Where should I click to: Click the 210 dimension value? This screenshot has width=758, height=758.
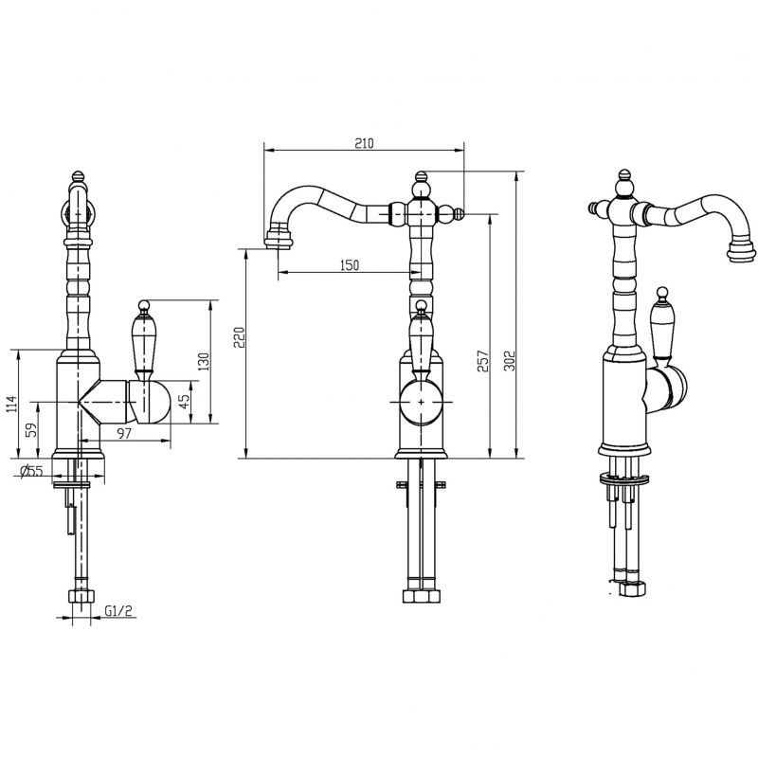coord(365,143)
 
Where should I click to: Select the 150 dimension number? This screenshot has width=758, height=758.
coord(350,265)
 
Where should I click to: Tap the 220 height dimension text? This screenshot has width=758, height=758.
coord(240,337)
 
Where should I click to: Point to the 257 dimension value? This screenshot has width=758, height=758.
coord(483,361)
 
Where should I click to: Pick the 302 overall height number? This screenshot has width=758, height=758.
coord(510,360)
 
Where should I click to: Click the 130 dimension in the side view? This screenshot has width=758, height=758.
coord(204,362)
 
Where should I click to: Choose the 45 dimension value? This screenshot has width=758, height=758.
coord(184,401)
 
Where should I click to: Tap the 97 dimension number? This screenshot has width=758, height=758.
coord(124,433)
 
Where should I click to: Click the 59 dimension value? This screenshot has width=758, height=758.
coord(31,430)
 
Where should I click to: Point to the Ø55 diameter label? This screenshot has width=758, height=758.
coord(32,470)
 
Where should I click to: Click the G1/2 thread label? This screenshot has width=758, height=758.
coord(118,610)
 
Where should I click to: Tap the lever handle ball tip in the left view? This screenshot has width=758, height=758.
coord(144,305)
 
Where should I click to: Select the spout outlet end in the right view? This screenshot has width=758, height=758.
coord(741,250)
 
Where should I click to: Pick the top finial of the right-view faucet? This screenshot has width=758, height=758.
coord(625,174)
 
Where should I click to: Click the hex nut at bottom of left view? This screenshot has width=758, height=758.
coord(81,596)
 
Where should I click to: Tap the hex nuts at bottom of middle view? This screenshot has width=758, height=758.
coord(421,596)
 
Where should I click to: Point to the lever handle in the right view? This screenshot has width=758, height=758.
coord(661,321)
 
